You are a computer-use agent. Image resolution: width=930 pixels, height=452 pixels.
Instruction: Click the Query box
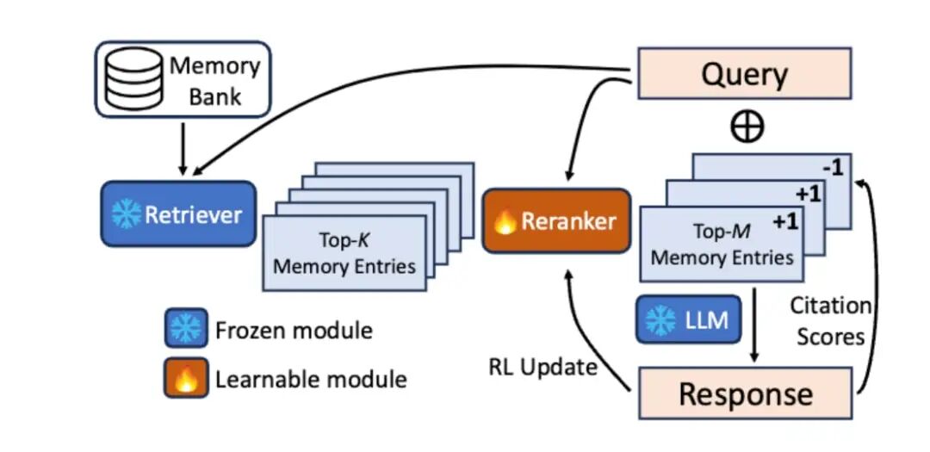744,73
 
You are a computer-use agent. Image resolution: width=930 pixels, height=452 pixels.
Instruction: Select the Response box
744,393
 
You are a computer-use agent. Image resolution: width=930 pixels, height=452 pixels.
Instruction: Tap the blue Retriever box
177,214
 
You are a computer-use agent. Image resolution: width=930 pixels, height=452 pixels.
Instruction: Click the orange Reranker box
555,220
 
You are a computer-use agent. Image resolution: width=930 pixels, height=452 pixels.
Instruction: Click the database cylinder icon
132,79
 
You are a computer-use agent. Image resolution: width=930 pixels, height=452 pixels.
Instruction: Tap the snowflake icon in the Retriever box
126,215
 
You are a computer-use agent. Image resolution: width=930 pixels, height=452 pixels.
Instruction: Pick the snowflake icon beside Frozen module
186,329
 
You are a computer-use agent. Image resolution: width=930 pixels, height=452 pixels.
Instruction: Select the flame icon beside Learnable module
186,378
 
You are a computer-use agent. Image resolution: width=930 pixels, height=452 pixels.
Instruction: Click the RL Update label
542,368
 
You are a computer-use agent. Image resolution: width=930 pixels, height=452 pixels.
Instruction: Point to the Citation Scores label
830,321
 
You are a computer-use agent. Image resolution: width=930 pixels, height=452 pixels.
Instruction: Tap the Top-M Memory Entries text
722,244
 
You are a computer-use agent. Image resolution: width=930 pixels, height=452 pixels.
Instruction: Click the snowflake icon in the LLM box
660,321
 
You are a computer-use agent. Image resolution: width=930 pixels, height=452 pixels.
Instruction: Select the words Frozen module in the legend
294,330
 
